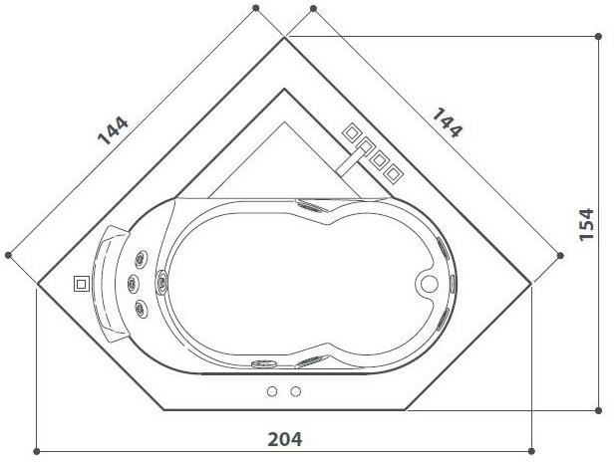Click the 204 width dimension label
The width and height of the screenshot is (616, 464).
(x=285, y=437)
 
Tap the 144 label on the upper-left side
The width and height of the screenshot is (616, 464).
(x=114, y=130)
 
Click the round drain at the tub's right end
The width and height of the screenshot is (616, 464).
(x=430, y=283)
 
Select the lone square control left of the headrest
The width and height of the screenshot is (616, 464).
(x=80, y=283)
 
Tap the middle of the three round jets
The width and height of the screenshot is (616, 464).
(x=131, y=283)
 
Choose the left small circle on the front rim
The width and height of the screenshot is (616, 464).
(x=272, y=391)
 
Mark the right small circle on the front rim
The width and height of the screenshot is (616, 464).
(x=295, y=391)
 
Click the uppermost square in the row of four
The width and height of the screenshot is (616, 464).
(x=352, y=132)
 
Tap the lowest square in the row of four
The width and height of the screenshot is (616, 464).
(x=395, y=174)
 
